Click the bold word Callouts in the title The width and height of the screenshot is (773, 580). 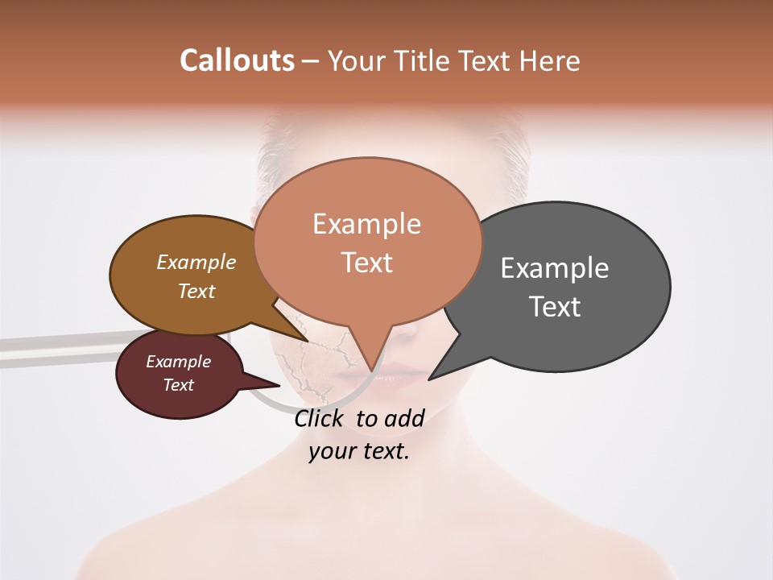click(x=237, y=60)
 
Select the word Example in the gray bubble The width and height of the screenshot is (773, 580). click(x=555, y=268)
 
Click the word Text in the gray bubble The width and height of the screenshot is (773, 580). click(x=555, y=307)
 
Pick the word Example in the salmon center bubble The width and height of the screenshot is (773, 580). click(x=366, y=223)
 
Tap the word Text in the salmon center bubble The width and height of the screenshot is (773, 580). click(x=367, y=263)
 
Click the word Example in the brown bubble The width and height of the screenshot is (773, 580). click(x=196, y=262)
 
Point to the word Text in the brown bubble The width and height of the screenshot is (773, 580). click(x=196, y=291)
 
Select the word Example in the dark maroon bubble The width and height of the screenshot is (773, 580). click(x=178, y=362)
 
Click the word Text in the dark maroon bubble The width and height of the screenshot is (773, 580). click(x=178, y=385)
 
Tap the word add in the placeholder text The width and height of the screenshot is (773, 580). click(x=404, y=418)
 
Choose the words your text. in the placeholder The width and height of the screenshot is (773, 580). click(x=359, y=451)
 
